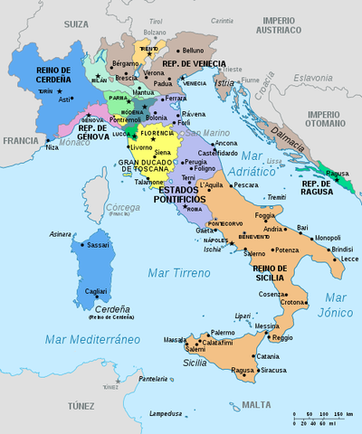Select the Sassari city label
[x=100, y=244]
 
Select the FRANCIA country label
[x=20, y=141]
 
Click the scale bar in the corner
[x=321, y=417]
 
